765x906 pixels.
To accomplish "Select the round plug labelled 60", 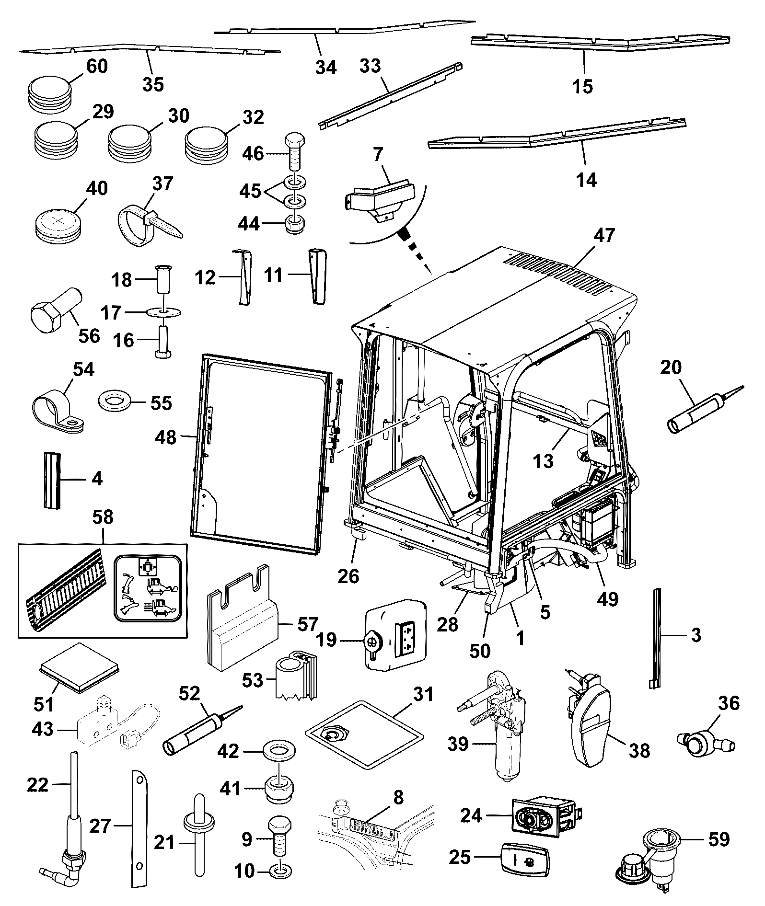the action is [x=49, y=94].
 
